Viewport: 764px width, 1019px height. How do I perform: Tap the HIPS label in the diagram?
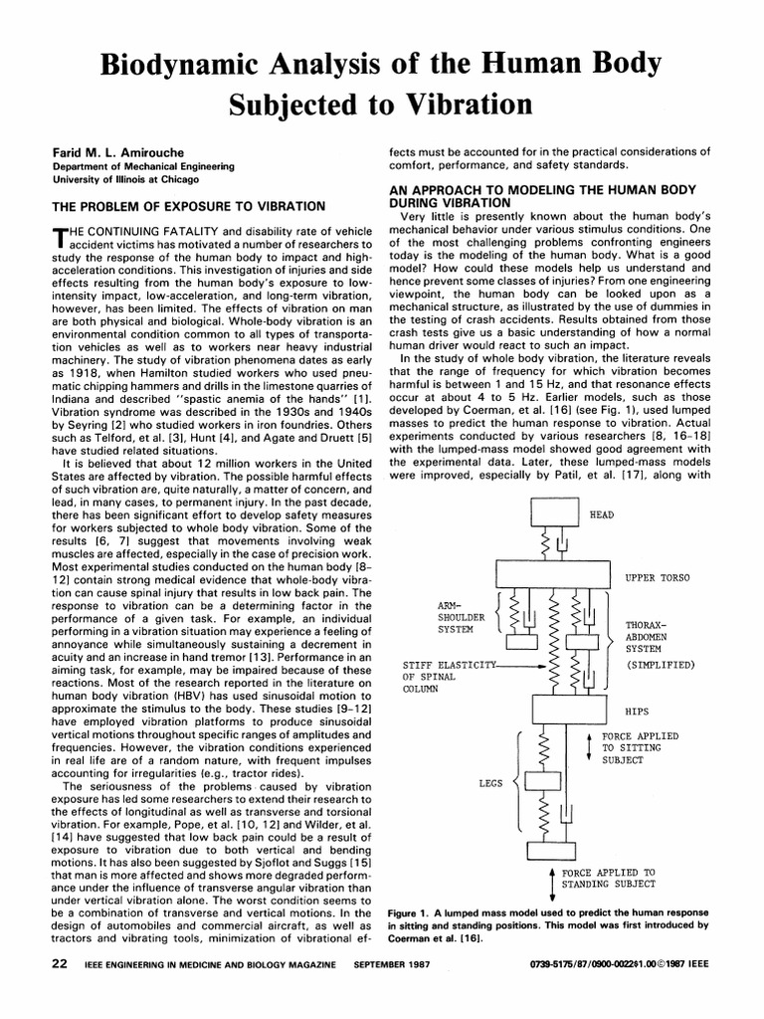click(637, 713)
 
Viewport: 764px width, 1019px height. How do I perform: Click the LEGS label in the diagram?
click(490, 783)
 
